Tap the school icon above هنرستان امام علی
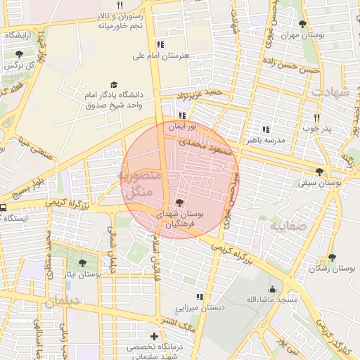click(161, 44)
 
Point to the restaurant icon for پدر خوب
click(316, 118)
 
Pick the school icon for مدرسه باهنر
click(265, 129)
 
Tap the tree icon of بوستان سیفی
click(320, 171)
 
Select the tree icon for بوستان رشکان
click(331, 258)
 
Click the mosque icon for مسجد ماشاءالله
click(272, 289)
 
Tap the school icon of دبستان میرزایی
click(200, 297)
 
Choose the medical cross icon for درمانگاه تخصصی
click(154, 337)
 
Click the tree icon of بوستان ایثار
click(82, 263)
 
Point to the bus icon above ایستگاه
click(4, 207)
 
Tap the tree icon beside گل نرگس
click(19, 54)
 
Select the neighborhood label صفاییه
click(286, 226)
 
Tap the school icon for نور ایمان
click(182, 115)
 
